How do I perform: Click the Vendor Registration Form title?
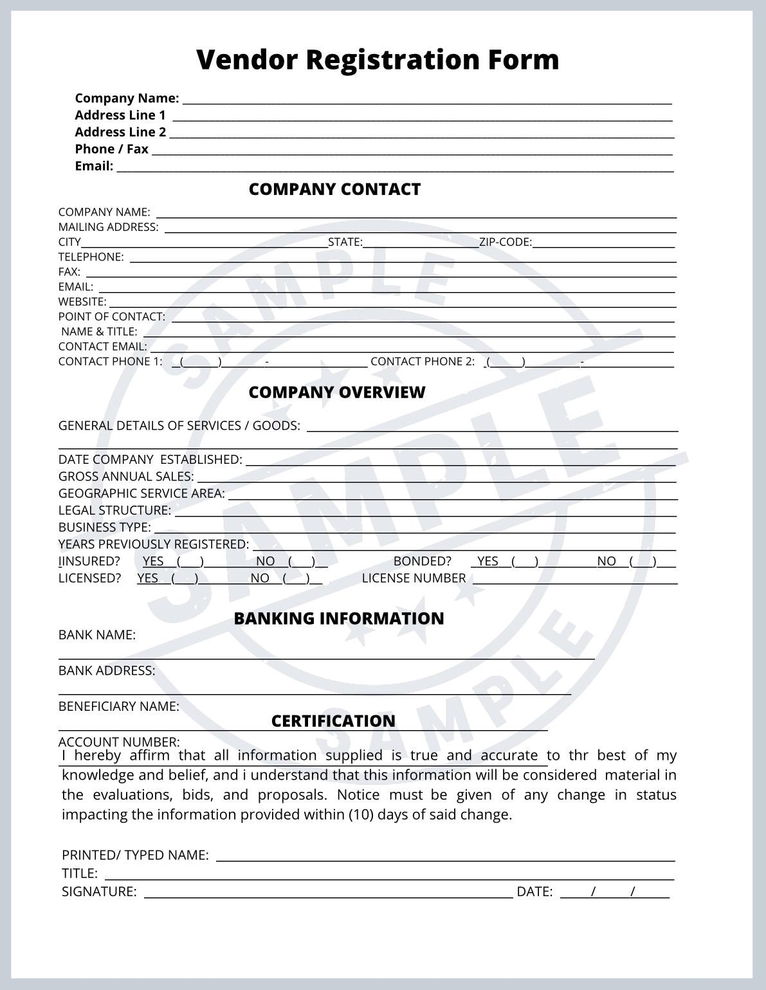(378, 59)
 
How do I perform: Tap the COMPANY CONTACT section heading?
(334, 189)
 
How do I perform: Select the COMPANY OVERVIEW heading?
(336, 392)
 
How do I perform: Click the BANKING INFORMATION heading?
(338, 618)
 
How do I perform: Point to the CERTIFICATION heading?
(333, 721)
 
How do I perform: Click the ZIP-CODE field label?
(506, 242)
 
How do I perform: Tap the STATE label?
(345, 242)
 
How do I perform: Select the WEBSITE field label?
(82, 302)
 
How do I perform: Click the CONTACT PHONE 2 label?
(422, 362)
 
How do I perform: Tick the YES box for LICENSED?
(185, 578)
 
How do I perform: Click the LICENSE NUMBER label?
(414, 578)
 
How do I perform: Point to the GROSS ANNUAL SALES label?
(126, 477)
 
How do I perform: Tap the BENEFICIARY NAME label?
(119, 706)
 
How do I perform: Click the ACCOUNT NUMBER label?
(119, 742)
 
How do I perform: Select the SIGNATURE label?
(99, 892)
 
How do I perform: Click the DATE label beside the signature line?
(534, 892)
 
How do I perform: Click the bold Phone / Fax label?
(111, 149)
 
